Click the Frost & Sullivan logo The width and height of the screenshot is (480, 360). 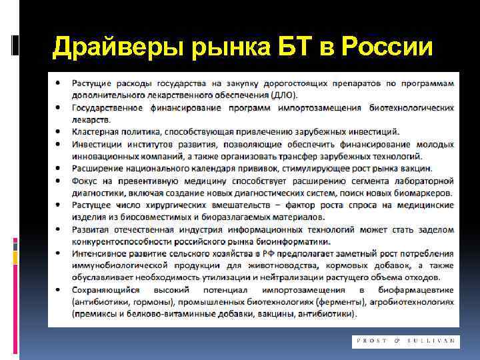[x=405, y=341]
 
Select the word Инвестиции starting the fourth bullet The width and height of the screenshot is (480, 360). [x=100, y=144]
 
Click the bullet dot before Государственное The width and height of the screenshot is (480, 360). [x=60, y=108]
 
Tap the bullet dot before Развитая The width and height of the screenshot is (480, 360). [x=60, y=228]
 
